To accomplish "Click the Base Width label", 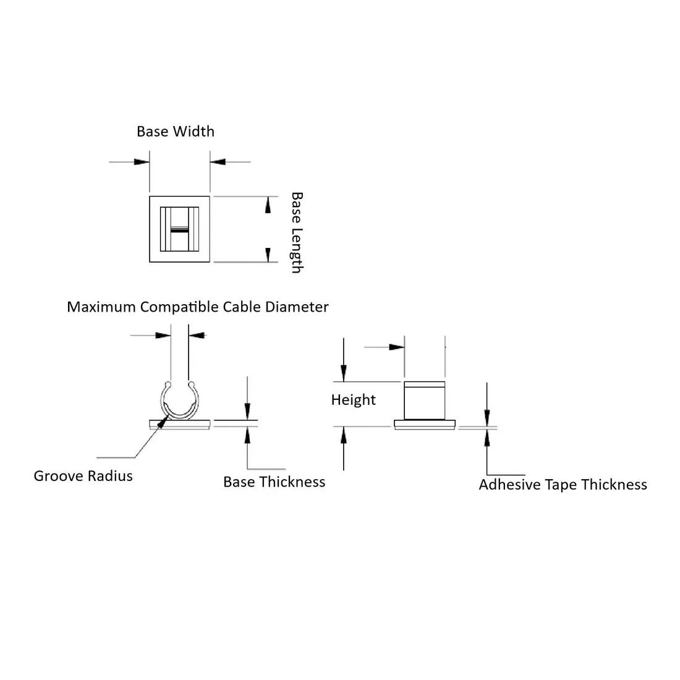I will (176, 132).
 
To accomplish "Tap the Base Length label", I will (297, 232).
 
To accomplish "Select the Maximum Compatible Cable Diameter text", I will (198, 307).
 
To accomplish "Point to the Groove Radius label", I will (83, 476).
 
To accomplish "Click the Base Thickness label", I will (274, 482).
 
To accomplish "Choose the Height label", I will (353, 400).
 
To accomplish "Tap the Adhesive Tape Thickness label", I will (563, 485).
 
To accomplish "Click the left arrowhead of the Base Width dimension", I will (142, 162).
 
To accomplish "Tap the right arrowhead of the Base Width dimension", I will (218, 162).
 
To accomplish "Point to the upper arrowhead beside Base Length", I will (268, 205).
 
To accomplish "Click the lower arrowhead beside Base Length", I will (268, 254).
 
